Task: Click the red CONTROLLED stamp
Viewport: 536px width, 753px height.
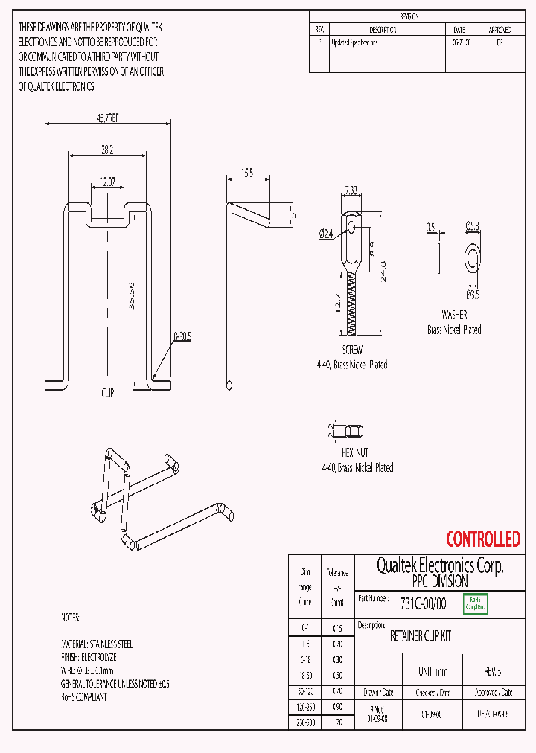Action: pos(483,539)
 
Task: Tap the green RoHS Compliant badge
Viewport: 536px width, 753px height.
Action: pos(475,603)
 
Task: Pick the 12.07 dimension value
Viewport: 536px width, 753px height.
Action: pos(107,181)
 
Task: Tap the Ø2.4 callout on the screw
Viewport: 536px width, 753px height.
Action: pos(326,234)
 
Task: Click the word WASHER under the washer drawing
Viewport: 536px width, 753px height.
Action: pos(453,315)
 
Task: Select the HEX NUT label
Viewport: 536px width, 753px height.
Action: pos(355,452)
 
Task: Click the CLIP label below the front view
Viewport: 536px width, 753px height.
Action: pos(108,392)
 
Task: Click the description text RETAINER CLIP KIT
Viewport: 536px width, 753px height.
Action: pos(421,637)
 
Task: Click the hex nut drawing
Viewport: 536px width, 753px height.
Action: pos(351,430)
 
